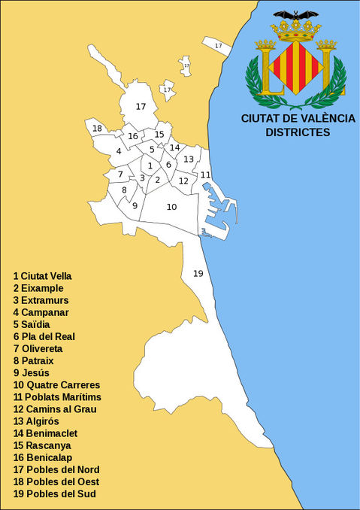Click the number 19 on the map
(x=198, y=273)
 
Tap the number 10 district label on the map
(x=171, y=207)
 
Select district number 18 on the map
(x=97, y=129)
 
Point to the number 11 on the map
(x=205, y=175)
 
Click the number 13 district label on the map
(x=189, y=159)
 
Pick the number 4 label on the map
(x=119, y=151)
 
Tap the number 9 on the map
(x=135, y=205)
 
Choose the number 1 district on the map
(x=150, y=165)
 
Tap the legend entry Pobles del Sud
(x=56, y=493)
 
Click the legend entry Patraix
(x=38, y=360)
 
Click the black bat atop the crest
(x=295, y=14)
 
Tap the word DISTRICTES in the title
(x=298, y=132)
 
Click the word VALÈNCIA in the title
(x=325, y=118)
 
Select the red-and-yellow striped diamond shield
(x=296, y=68)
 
